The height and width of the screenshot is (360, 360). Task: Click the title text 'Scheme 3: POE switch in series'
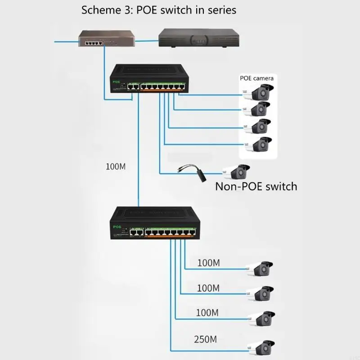point(158,10)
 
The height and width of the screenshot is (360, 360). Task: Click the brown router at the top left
point(102,39)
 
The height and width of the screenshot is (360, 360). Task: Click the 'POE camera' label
point(256,78)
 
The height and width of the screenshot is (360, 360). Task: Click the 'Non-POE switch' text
point(256,186)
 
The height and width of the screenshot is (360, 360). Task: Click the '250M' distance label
point(206,339)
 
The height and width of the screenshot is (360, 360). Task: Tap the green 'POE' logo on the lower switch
point(117,226)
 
